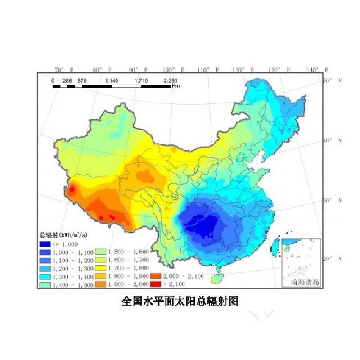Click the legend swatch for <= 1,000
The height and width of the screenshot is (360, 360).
tap(44, 244)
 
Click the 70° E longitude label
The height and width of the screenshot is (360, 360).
tap(63, 70)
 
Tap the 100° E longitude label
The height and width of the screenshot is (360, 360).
tap(173, 70)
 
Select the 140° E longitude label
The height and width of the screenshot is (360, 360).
tap(317, 70)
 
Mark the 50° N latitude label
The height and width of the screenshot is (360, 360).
tap(333, 81)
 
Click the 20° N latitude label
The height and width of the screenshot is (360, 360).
tap(333, 259)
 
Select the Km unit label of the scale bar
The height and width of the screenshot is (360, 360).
tap(175, 85)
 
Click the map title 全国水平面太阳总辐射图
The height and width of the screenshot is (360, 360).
tap(180, 301)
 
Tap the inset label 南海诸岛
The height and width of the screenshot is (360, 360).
tap(300, 283)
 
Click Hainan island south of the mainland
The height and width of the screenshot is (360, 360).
tap(217, 278)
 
